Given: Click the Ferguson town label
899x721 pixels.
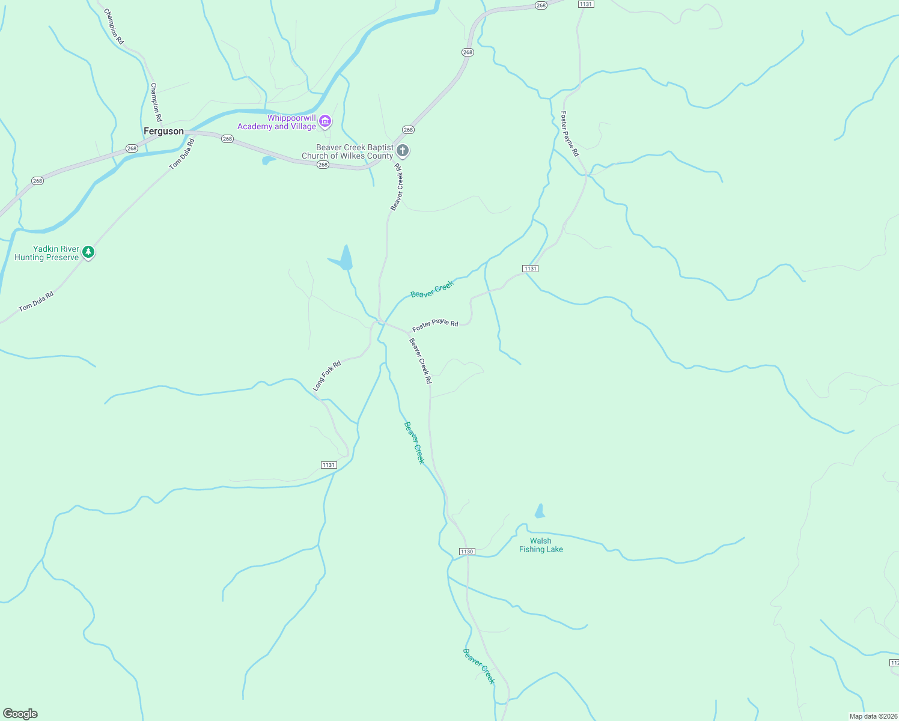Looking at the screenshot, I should click(x=163, y=131).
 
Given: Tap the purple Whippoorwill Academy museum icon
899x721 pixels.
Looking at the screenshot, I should click(x=325, y=122).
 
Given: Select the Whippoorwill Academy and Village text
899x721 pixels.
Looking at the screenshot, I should click(x=277, y=122).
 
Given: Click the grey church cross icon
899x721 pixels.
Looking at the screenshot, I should click(x=403, y=151).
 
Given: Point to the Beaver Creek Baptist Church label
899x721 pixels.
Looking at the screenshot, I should click(x=348, y=151).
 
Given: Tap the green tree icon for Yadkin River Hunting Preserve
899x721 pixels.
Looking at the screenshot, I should click(x=88, y=252).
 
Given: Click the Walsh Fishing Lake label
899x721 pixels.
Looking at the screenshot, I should click(x=541, y=545).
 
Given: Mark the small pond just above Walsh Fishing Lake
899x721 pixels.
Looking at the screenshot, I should click(x=540, y=512).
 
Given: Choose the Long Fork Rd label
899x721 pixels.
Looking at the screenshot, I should click(x=327, y=376).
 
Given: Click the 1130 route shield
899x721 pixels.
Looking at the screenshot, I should click(x=467, y=552).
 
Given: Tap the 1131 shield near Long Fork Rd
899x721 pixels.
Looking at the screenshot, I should click(x=329, y=465).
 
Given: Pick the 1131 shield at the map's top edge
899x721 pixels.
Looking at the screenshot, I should click(x=586, y=4).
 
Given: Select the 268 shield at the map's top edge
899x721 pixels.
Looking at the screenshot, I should click(x=541, y=5).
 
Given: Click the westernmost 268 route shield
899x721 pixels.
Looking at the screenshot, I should click(x=37, y=181).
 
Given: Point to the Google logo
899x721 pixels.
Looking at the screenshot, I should click(x=20, y=714).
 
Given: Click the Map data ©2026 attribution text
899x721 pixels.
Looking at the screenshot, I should click(x=873, y=716).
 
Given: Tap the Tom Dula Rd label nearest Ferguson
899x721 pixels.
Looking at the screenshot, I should click(x=182, y=154).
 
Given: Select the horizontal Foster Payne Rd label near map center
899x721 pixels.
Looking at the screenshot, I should click(x=435, y=325).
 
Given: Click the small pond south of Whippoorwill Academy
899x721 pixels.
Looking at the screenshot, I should click(x=268, y=160).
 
